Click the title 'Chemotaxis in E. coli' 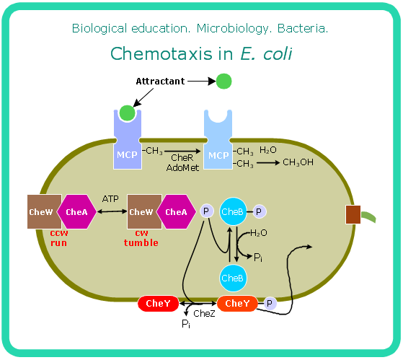pos(201,53)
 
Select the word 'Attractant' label pos(159,82)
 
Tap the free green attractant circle pos(224,82)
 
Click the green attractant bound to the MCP pos(127,113)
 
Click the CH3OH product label pos(297,162)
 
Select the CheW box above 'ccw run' pos(41,211)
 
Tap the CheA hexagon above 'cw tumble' pos(176,211)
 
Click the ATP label pos(110,198)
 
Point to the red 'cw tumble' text pos(141,238)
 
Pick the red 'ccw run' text pos(59,238)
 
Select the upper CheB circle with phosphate pos(233,211)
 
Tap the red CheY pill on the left pos(158,304)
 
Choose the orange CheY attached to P pos(237,304)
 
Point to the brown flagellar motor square pos(353,214)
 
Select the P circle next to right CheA pos(206,211)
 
